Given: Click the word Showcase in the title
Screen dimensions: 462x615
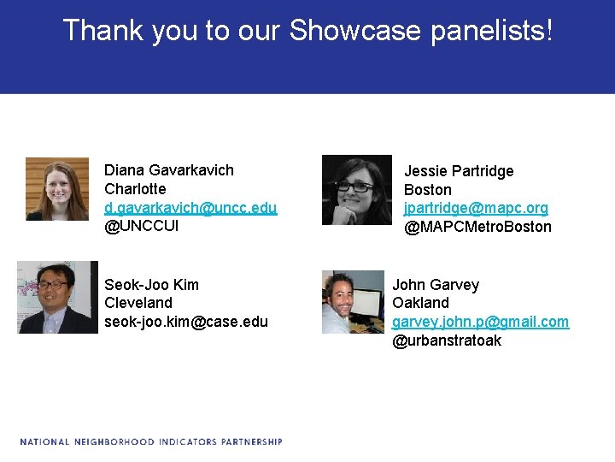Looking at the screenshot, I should tap(355, 31).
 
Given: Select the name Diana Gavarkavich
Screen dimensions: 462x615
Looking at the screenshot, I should tap(168, 170).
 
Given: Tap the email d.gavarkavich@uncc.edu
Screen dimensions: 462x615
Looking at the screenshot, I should tap(190, 208).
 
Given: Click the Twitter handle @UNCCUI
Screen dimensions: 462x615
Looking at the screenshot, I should tap(142, 227).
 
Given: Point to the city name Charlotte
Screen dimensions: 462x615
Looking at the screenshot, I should tap(135, 189).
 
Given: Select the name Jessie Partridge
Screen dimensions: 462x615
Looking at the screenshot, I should tap(459, 171).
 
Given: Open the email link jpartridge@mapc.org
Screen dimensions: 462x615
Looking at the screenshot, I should tap(476, 208).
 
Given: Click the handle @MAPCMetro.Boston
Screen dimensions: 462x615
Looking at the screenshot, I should tap(477, 227).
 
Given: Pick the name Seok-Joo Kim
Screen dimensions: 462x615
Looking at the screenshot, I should tap(151, 285).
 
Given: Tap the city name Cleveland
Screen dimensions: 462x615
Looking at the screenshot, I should tap(138, 303).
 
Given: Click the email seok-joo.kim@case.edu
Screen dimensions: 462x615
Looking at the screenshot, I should tap(186, 322).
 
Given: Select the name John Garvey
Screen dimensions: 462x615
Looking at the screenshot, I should tap(436, 285).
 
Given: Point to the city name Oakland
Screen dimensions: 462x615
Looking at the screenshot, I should tap(420, 303).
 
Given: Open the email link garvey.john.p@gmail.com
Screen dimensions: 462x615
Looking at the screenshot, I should tap(480, 322).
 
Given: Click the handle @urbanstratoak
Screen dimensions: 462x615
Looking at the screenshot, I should tap(447, 341).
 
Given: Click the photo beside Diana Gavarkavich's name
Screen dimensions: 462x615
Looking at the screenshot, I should tap(57, 189).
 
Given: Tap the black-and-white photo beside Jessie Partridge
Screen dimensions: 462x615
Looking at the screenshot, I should tap(356, 190).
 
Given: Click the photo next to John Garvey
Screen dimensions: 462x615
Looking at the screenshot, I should tap(353, 302).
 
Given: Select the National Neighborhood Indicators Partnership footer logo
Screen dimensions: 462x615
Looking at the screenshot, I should tap(151, 441).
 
